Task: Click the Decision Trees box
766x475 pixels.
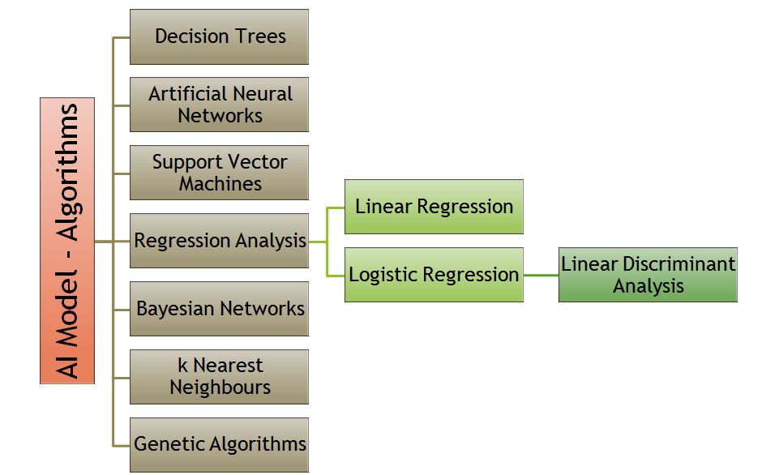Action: pos(219,36)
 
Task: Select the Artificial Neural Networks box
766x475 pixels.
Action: pos(219,105)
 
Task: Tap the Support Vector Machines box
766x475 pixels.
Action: pos(219,173)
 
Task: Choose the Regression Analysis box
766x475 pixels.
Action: pos(219,241)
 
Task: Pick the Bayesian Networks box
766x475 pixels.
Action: pos(219,309)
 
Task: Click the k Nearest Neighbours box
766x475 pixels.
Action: pos(219,377)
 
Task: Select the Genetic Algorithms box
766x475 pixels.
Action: pos(219,445)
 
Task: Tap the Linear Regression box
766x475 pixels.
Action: pos(434,207)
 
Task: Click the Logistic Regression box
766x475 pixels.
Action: pos(434,275)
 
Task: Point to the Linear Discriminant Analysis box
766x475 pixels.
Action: pos(648,275)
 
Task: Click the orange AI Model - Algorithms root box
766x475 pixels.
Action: pos(67,241)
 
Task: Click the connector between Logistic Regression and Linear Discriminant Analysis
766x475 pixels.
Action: pos(541,275)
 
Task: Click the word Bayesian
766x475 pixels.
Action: pos(178,309)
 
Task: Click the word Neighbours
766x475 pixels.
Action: pos(220,387)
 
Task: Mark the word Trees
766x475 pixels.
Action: pos(259,36)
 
